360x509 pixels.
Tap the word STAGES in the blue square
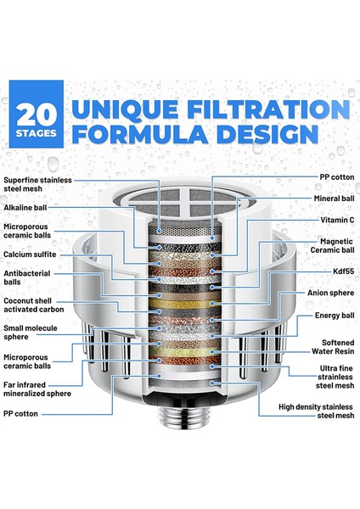[37, 133]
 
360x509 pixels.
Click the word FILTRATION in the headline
[268, 109]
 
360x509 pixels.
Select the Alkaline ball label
[25, 208]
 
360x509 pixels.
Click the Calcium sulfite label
[30, 255]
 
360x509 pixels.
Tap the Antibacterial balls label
[26, 277]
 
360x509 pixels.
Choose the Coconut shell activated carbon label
[33, 305]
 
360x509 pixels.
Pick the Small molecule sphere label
[31, 333]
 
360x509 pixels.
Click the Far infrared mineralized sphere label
[37, 389]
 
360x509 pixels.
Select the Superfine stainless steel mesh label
[37, 184]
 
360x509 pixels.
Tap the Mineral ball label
[334, 199]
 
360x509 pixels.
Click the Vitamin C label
[337, 220]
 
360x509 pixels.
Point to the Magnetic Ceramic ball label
[332, 246]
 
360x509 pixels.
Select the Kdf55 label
[343, 271]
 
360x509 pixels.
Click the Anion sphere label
[331, 293]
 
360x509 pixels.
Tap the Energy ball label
[335, 316]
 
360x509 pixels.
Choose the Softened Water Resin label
[333, 347]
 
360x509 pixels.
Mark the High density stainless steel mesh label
[316, 411]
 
